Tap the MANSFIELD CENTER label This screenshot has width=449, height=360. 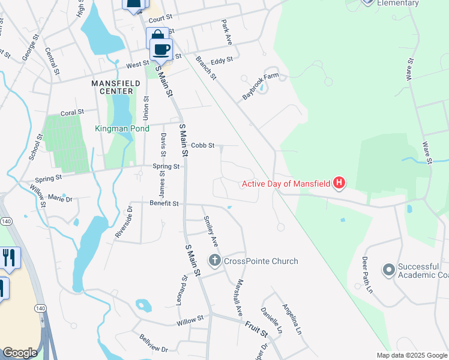point(112,86)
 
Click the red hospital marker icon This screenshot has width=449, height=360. point(340,182)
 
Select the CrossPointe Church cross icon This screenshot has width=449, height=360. point(214,261)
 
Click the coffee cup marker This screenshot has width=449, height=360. point(161,49)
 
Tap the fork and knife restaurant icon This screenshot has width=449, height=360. point(8,257)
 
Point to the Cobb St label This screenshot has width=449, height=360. point(203,145)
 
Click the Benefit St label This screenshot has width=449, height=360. point(164,204)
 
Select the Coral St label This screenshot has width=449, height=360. point(73,112)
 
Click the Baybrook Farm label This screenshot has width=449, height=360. point(261,87)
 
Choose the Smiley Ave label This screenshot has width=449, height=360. point(211,232)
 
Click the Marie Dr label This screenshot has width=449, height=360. point(60,197)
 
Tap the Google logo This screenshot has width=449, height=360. point(20,353)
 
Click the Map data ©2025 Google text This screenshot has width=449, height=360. point(411,355)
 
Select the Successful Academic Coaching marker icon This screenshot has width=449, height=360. point(388,269)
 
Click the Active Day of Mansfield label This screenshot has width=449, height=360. point(286,183)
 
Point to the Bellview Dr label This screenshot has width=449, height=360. point(154,344)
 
